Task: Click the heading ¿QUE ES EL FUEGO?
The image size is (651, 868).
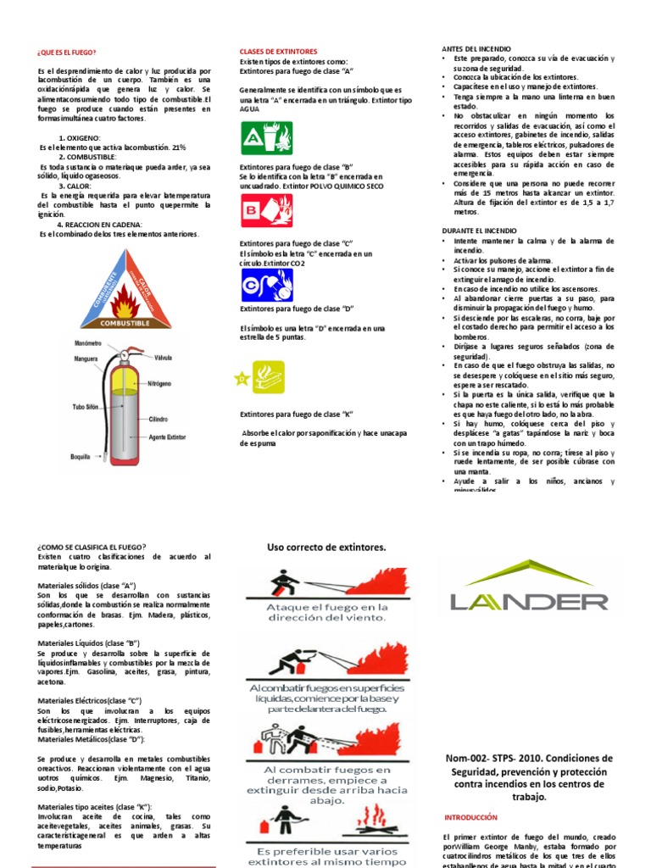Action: coord(67,52)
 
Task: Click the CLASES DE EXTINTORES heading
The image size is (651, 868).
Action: coord(278,52)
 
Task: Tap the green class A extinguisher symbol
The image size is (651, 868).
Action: coord(267,138)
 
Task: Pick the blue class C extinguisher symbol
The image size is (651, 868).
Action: coord(267,284)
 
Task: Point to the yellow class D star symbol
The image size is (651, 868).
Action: coord(242,380)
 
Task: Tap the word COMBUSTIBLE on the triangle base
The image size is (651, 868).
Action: coord(125,323)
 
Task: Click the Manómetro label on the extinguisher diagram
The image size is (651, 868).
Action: coord(87,343)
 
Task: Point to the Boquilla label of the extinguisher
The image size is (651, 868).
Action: coord(81,456)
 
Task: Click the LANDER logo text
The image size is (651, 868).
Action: coord(529,602)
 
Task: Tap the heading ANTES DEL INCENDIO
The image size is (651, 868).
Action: coord(477,49)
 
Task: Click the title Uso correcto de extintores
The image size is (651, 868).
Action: coord(326,548)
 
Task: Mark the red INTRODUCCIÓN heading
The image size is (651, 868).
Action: coord(470,817)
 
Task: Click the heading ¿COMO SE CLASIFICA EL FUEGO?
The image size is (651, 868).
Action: coord(92,547)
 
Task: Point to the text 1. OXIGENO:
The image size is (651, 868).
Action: coord(80,137)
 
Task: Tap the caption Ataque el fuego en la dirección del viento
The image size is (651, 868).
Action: coord(326,613)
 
